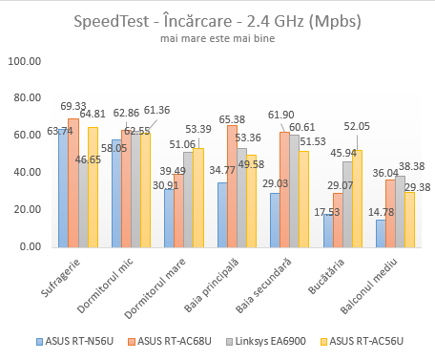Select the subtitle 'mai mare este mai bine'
pos(217,40)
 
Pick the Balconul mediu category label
pos(386,278)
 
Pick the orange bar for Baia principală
pos(232,186)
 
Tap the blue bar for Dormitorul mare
pos(168,218)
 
